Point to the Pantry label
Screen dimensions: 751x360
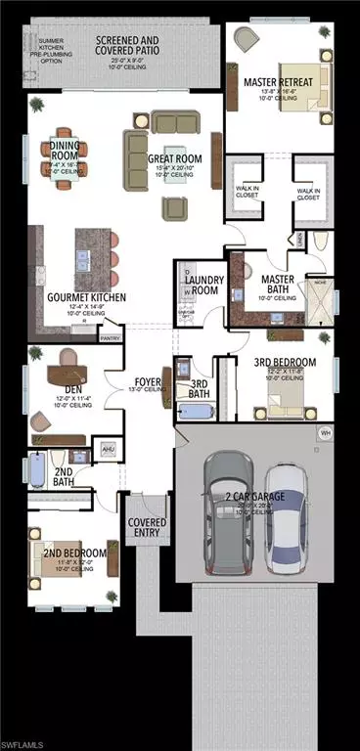pyautogui.click(x=111, y=339)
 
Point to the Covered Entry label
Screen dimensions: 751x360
pyautogui.click(x=148, y=529)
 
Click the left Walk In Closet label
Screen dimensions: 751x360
pyautogui.click(x=246, y=194)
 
